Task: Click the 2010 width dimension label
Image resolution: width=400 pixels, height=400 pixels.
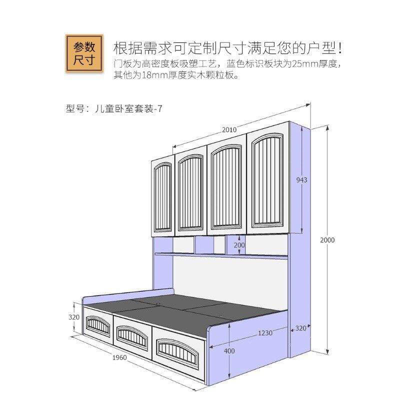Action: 229,129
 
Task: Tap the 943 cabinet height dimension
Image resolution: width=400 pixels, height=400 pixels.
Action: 301,179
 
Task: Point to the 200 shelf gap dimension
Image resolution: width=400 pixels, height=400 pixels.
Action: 239,245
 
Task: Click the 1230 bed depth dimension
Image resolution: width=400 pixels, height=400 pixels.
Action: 265,333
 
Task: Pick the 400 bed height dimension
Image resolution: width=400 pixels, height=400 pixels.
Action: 229,351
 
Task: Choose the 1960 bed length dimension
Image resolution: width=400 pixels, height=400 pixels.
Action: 119,357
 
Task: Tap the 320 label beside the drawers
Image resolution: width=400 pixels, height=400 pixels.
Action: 74,317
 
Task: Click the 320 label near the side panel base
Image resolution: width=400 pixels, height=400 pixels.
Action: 300,328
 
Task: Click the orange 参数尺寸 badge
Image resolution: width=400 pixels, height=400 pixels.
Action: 84,53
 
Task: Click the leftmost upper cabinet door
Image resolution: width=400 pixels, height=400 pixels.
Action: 162,197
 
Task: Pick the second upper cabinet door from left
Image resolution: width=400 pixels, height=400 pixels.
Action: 190,192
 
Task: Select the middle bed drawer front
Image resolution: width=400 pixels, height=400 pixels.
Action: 132,335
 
